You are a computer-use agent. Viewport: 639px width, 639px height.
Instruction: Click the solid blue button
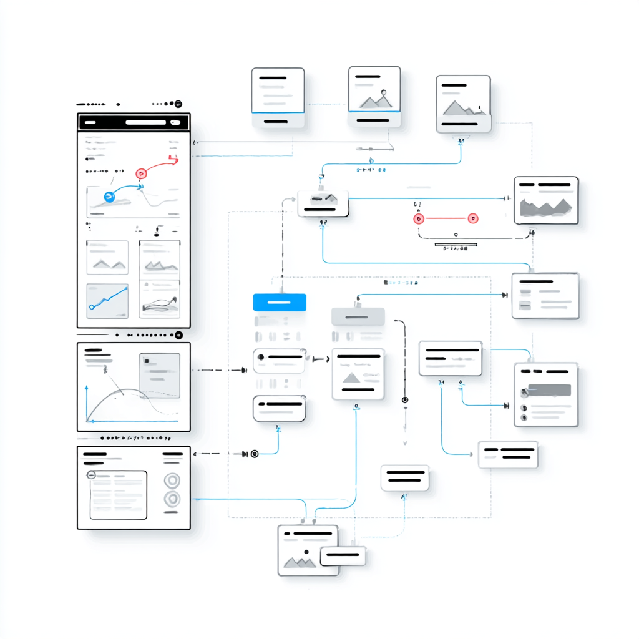280,302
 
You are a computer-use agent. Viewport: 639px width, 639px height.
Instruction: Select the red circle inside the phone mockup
141,172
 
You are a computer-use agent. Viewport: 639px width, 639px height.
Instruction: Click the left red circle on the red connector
419,218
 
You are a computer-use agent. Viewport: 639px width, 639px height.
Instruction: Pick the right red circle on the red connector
473,218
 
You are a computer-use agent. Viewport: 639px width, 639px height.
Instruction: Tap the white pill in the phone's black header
146,122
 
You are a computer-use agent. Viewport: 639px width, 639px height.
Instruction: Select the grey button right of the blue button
358,316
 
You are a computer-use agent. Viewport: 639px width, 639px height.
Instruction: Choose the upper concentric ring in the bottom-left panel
171,480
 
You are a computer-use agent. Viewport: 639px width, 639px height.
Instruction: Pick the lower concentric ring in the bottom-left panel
171,499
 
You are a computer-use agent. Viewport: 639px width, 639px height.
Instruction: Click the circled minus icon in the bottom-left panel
91,475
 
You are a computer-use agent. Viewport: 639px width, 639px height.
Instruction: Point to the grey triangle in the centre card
351,377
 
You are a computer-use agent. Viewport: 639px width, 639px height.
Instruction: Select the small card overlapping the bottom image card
343,555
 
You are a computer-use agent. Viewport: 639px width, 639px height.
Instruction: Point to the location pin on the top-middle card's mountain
383,95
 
